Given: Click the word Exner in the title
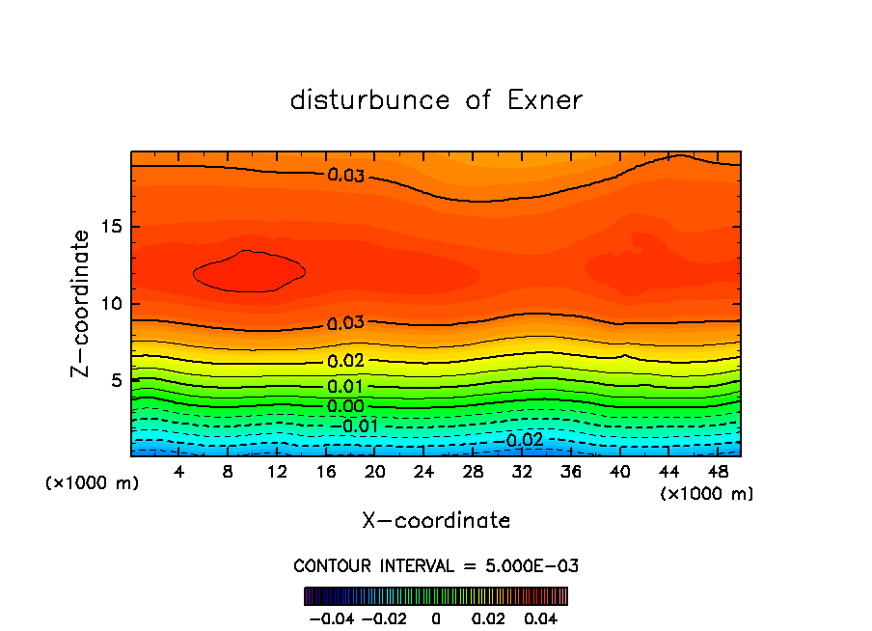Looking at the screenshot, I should click(x=544, y=100).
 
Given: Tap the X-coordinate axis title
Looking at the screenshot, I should click(x=436, y=521).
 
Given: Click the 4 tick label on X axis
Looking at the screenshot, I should click(x=179, y=473).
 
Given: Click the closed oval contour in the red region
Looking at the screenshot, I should click(x=249, y=272).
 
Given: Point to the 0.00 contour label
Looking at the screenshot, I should click(x=345, y=406).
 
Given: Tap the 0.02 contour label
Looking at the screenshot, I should click(x=345, y=361).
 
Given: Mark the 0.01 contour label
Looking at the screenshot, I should click(x=345, y=387).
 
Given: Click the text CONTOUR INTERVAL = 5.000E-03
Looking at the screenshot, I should click(x=436, y=565).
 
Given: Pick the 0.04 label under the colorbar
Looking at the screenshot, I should click(x=542, y=617).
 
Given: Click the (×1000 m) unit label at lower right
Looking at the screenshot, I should click(x=706, y=494).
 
